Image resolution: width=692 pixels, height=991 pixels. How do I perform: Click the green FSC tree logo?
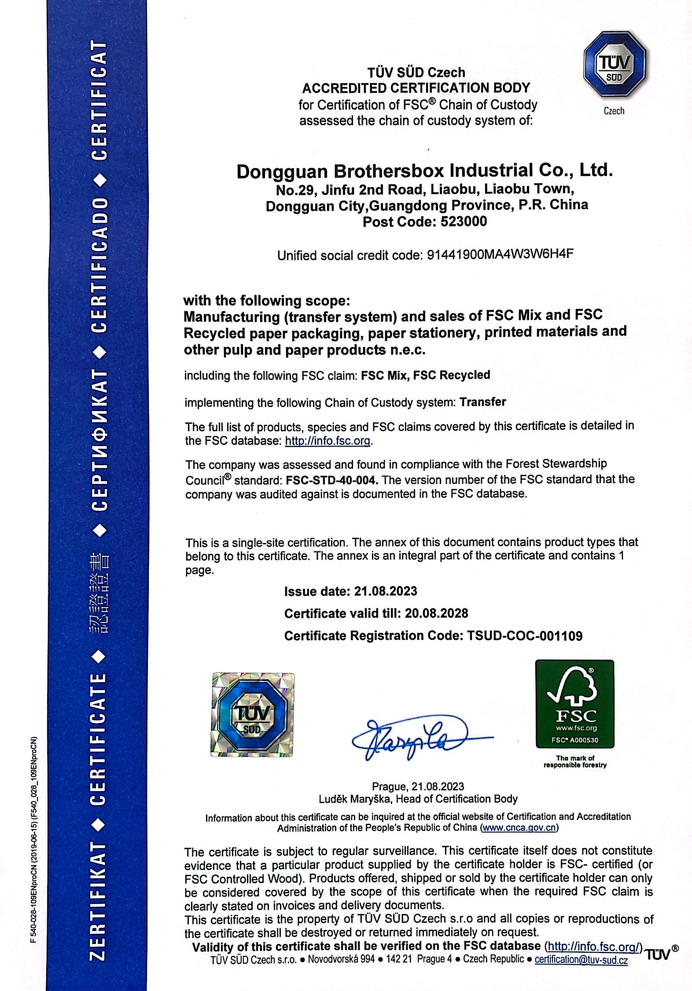[x=574, y=704]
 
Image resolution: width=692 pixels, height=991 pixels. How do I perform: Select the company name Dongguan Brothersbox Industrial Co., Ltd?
[x=424, y=171]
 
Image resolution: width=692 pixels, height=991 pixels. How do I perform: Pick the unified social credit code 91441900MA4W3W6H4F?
[x=501, y=254]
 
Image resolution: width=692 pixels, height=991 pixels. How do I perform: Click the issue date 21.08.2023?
[x=386, y=591]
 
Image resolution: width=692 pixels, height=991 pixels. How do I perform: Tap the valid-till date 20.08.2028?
[x=436, y=613]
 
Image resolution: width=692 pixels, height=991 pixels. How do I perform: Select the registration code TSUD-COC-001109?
[x=524, y=635]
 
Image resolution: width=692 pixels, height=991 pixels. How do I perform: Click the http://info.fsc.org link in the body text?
[x=328, y=440]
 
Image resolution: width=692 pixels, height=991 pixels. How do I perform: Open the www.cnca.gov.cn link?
[x=519, y=827]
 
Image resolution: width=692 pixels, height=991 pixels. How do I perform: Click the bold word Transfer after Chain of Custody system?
[x=482, y=402]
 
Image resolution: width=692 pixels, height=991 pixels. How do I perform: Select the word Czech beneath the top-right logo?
[x=614, y=111]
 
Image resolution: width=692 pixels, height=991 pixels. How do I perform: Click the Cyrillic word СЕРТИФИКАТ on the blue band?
[x=99, y=440]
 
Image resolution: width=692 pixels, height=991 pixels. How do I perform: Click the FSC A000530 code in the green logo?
[x=574, y=740]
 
